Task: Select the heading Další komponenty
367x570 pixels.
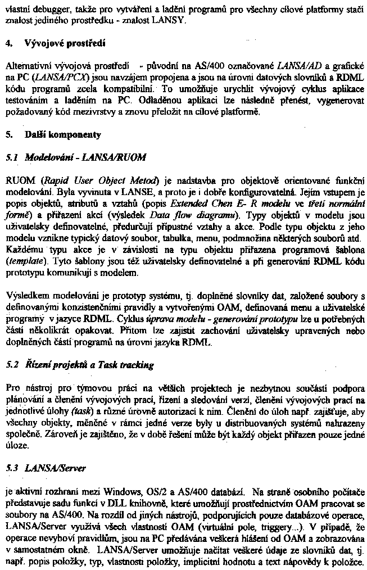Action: [63, 135]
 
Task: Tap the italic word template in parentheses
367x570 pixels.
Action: [22, 261]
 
